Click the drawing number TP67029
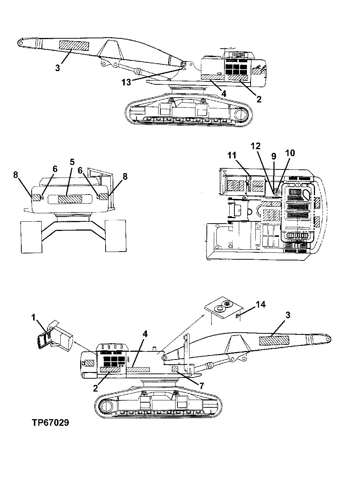click(50, 422)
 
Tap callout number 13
click(126, 82)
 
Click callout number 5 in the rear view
click(72, 162)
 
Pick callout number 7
click(201, 385)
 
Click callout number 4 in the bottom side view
click(145, 334)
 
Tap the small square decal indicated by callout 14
click(237, 316)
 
